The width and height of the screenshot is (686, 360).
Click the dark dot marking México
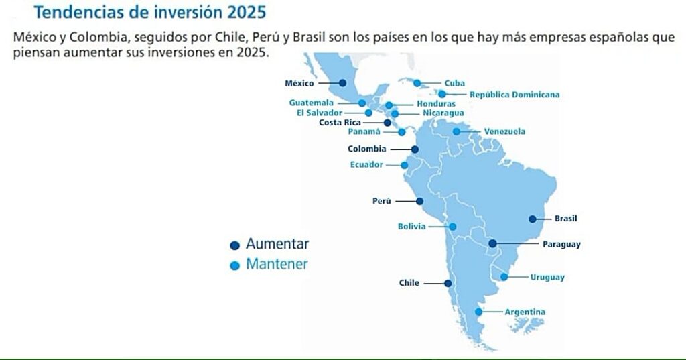[342, 82]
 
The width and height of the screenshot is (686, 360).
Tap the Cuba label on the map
[455, 83]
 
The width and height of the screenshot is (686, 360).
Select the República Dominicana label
[514, 94]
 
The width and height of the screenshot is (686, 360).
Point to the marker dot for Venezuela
[456, 131]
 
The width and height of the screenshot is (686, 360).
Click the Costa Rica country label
[340, 123]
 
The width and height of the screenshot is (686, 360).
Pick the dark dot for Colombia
[415, 149]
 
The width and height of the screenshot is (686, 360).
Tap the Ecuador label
[366, 165]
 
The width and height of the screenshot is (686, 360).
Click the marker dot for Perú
[419, 202]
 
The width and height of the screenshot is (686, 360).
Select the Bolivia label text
[412, 227]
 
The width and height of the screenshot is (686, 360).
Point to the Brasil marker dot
[533, 219]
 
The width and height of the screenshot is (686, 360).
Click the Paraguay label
[562, 245]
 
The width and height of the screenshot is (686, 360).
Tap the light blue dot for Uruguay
[504, 277]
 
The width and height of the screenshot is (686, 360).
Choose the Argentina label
[525, 312]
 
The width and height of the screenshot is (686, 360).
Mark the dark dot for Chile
[448, 284]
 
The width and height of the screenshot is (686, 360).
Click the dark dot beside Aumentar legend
[235, 245]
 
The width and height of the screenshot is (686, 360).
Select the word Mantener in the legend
[277, 264]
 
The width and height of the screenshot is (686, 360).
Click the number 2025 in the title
[247, 12]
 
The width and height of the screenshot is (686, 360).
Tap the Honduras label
[436, 104]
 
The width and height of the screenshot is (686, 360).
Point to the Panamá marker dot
[402, 132]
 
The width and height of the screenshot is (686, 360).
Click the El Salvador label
[320, 113]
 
